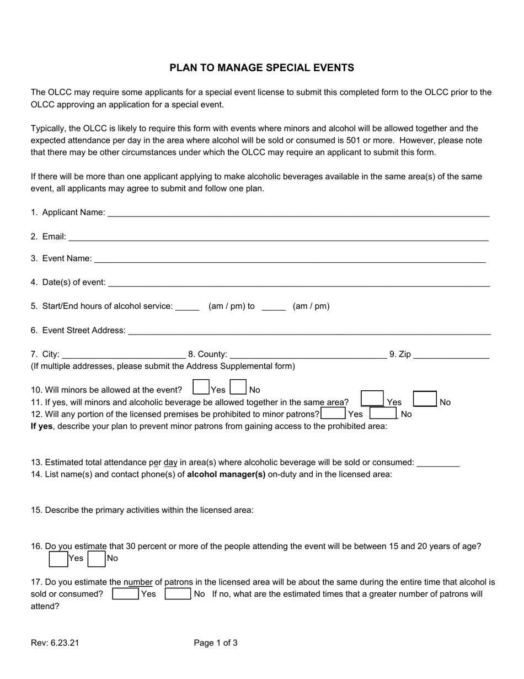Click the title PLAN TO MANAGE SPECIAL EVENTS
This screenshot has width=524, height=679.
click(261, 68)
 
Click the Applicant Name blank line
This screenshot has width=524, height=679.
click(298, 213)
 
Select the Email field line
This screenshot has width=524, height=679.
click(278, 237)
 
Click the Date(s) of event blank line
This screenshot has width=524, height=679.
click(298, 283)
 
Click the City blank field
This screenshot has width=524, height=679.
click(124, 354)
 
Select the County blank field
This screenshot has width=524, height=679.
click(308, 354)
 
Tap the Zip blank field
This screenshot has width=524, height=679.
click(451, 354)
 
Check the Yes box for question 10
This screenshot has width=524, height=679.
click(201, 387)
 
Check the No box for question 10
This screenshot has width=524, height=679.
click(238, 387)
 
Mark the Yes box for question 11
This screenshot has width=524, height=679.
click(372, 399)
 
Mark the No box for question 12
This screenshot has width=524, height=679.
click(383, 413)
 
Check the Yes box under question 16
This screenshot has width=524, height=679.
click(58, 559)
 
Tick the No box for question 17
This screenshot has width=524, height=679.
click(178, 594)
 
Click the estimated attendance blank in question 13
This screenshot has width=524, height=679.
click(438, 463)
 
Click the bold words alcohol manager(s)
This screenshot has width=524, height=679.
click(226, 474)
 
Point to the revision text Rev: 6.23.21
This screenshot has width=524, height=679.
click(55, 643)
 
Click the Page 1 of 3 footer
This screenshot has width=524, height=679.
click(216, 643)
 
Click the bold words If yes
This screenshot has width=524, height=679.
click(41, 426)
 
